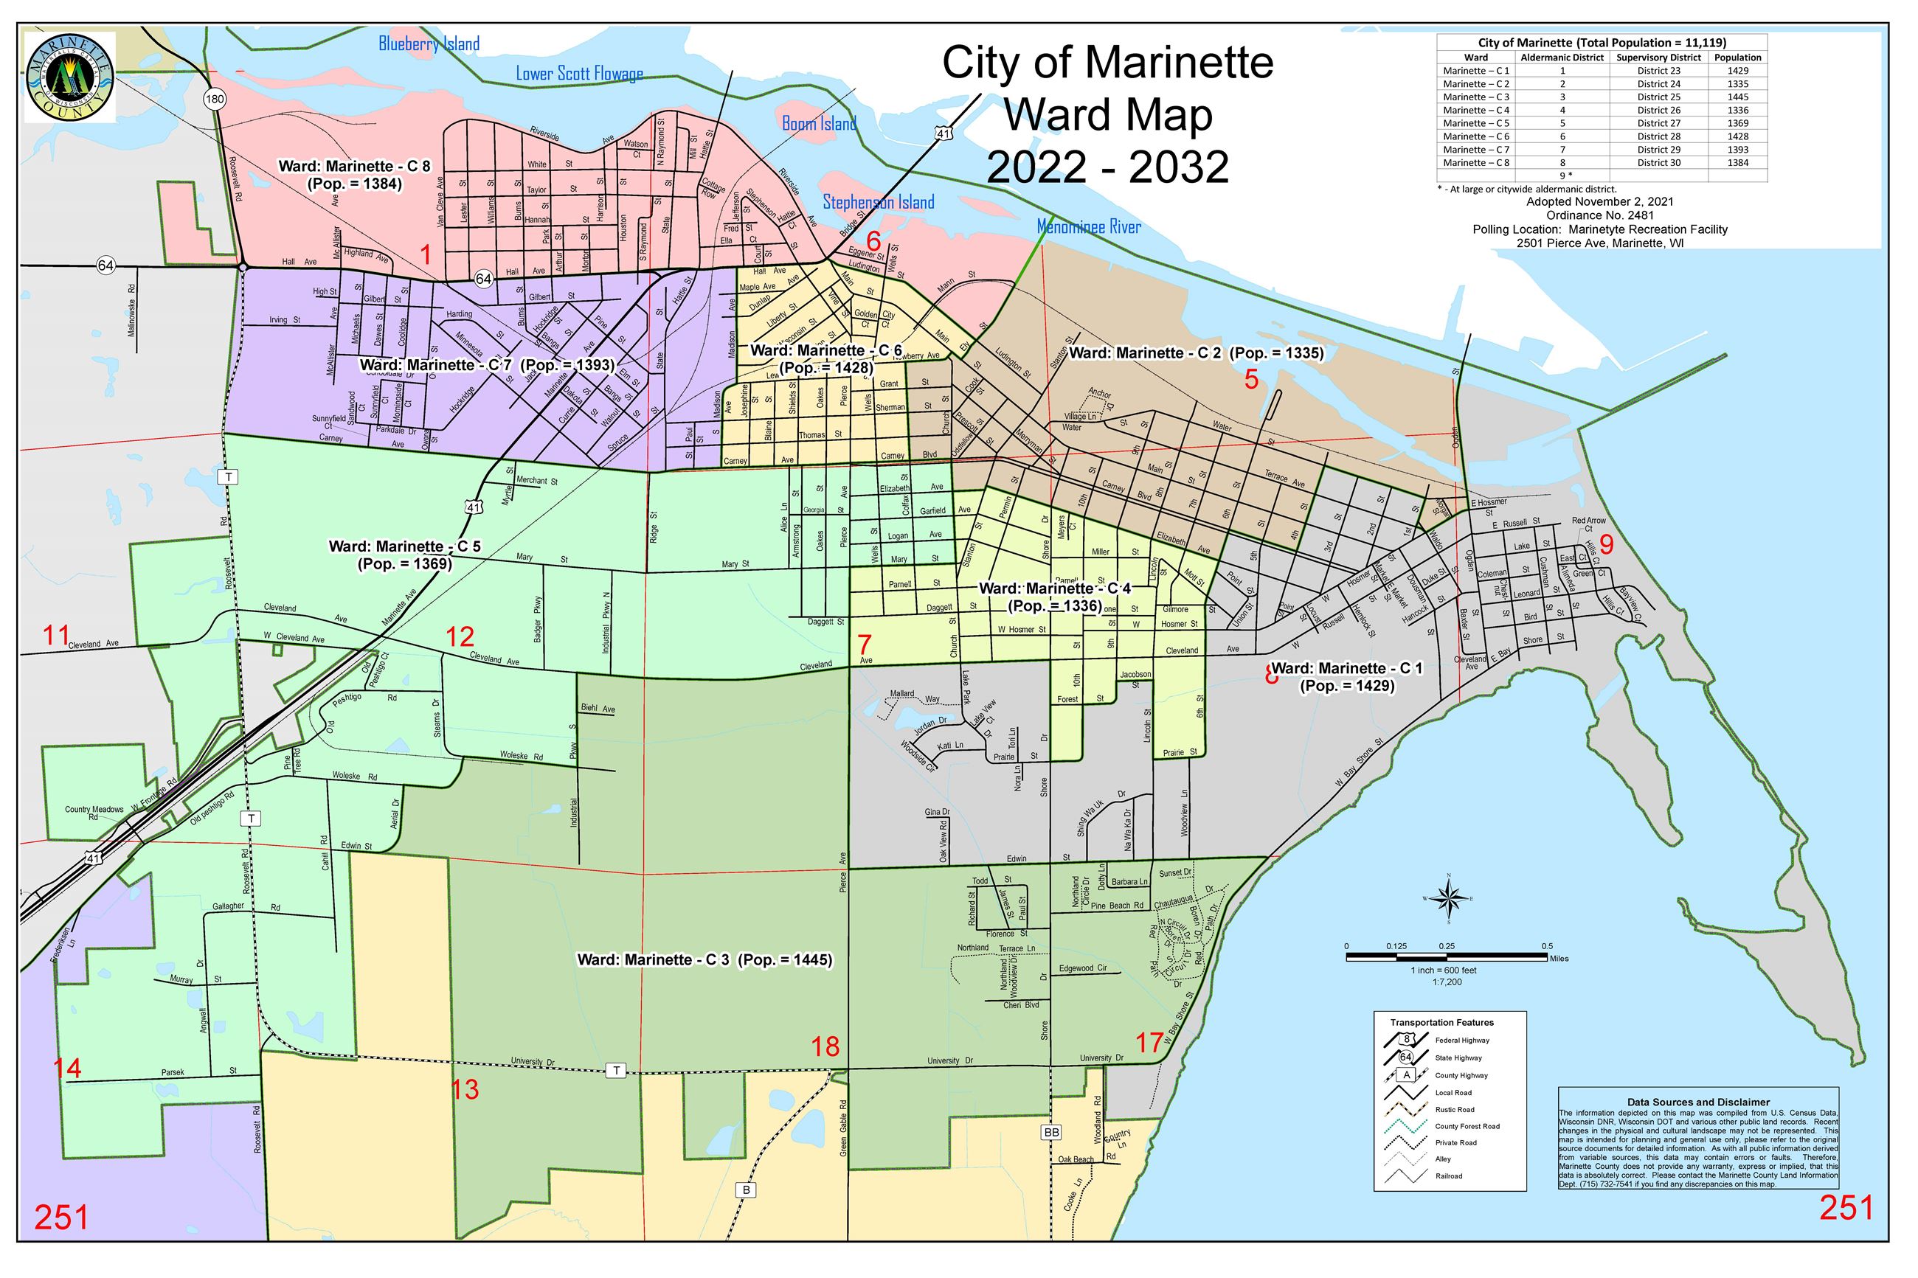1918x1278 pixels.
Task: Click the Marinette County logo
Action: click(69, 77)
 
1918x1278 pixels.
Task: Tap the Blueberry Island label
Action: click(429, 44)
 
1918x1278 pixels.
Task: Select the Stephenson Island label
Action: click(878, 202)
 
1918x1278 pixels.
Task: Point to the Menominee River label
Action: click(1088, 227)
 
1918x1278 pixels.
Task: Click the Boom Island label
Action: click(818, 124)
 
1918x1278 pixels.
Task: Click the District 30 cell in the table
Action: click(1658, 163)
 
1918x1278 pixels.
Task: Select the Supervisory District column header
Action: click(1658, 58)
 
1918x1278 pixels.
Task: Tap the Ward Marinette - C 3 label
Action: click(704, 960)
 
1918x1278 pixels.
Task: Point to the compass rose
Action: click(1447, 900)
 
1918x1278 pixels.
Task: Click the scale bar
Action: click(1447, 959)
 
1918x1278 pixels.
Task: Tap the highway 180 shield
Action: click(215, 100)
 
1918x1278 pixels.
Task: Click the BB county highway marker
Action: click(1050, 1133)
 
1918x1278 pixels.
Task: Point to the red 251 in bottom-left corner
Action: click(61, 1218)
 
